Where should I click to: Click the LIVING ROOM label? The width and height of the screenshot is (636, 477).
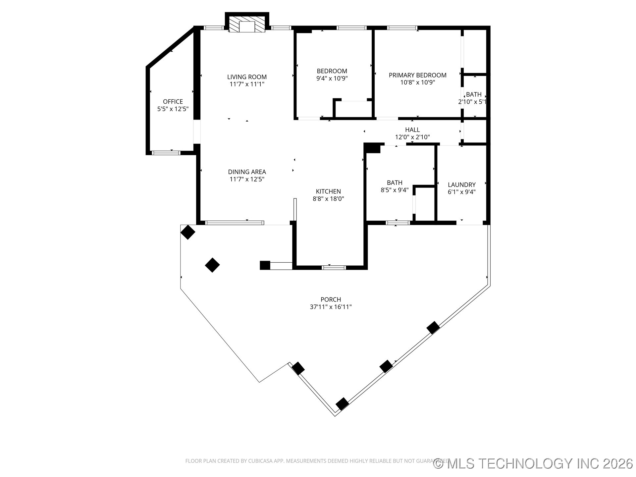(x=247, y=77)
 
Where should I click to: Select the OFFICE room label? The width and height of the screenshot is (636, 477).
(x=173, y=101)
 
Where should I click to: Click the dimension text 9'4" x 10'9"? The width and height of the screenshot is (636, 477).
(x=332, y=79)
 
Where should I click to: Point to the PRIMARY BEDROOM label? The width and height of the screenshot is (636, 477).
(x=417, y=75)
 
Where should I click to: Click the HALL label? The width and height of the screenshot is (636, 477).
(x=412, y=130)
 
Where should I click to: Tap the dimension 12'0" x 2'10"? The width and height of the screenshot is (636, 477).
(x=412, y=137)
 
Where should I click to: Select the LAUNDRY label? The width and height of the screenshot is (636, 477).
(x=461, y=185)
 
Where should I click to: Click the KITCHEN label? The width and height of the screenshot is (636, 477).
(x=328, y=191)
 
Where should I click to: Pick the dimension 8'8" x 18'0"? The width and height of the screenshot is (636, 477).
(x=328, y=199)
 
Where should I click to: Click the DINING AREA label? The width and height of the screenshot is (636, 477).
(x=247, y=172)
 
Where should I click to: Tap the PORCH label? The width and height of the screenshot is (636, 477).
(x=331, y=299)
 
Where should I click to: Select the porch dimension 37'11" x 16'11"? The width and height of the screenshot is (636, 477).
(x=331, y=307)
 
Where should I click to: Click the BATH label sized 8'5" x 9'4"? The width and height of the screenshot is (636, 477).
(x=395, y=183)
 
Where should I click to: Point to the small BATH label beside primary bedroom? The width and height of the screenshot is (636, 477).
(x=474, y=94)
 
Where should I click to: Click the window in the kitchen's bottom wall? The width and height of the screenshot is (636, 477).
(x=334, y=267)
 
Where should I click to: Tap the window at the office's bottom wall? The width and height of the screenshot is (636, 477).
(x=166, y=153)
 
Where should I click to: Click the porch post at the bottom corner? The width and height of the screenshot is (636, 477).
(x=342, y=404)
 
